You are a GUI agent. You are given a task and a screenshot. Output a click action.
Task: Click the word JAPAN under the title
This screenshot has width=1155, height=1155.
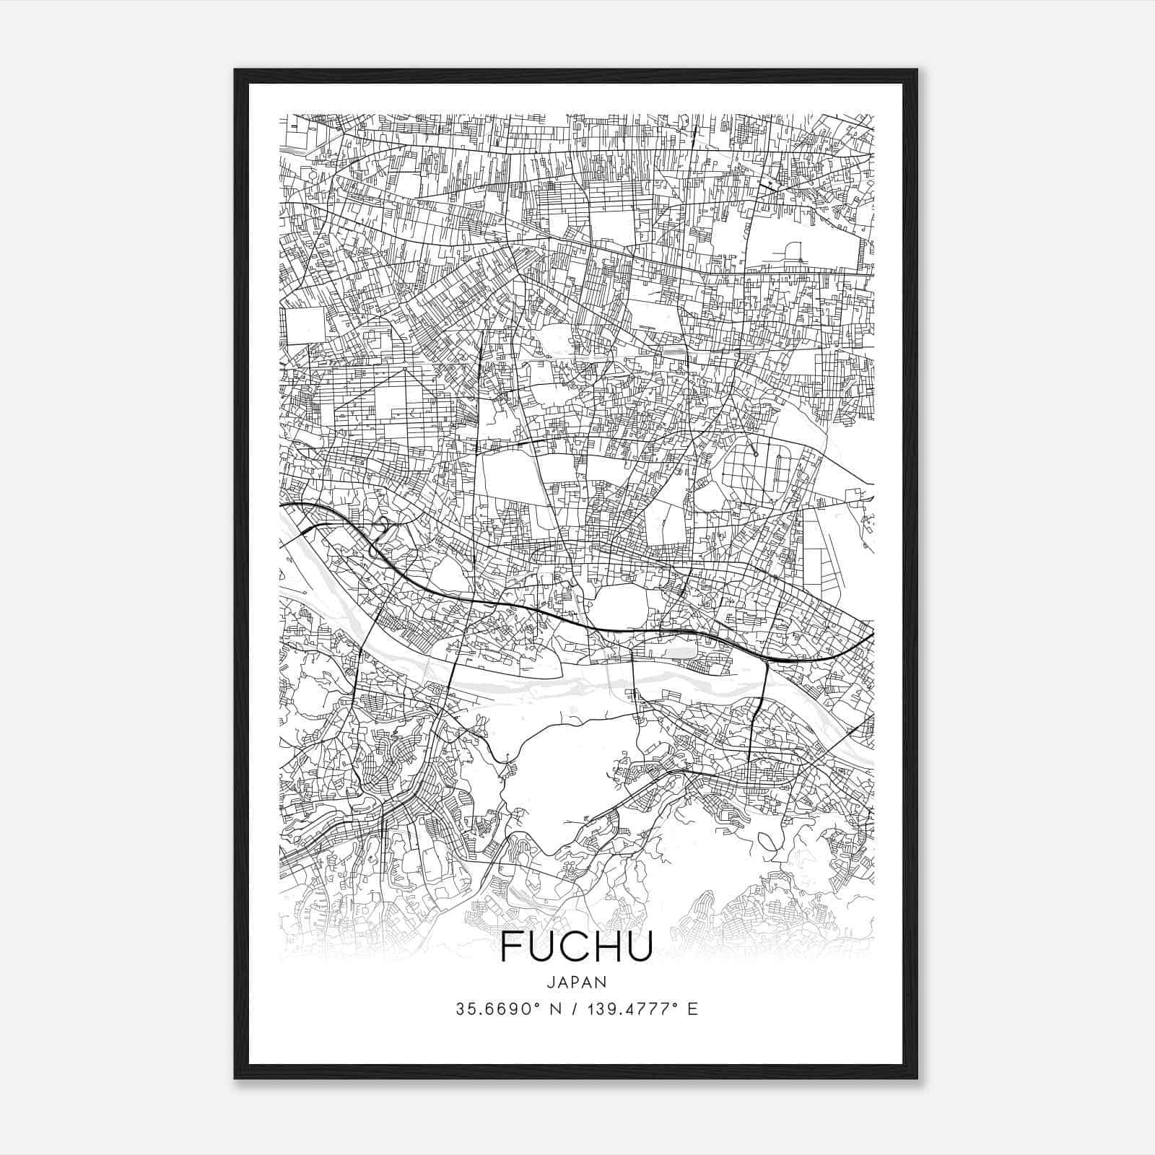tap(576, 982)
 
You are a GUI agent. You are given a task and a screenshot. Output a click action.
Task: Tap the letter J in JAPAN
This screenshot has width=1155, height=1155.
tap(552, 982)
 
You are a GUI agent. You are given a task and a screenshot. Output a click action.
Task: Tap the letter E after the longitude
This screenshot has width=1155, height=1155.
tap(693, 1009)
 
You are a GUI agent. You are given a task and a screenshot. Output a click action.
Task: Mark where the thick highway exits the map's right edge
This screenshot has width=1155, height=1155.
tap(873, 635)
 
